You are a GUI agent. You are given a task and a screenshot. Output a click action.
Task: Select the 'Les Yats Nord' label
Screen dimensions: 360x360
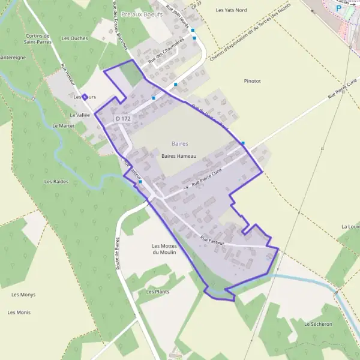pos(231,10)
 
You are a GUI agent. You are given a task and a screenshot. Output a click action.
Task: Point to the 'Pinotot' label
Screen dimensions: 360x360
pos(253,80)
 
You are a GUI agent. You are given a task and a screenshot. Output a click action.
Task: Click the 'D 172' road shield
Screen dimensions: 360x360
pos(123,119)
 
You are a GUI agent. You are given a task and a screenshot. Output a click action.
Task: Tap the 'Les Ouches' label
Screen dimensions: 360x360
pos(74,38)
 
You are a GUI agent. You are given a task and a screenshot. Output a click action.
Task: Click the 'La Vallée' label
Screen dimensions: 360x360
pos(79,115)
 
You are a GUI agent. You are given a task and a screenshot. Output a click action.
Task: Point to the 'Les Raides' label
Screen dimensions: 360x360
pos(56,181)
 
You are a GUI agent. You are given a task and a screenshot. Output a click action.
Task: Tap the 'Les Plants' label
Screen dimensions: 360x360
pos(157,292)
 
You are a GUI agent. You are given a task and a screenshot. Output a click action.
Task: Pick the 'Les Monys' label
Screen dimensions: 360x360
pos(23,295)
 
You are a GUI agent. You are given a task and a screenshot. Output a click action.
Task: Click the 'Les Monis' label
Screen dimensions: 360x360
pos(19,313)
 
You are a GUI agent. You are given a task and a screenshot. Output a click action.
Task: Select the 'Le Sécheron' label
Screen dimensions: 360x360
pos(317,324)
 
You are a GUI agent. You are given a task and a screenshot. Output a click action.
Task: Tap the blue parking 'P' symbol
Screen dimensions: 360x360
pos(338,9)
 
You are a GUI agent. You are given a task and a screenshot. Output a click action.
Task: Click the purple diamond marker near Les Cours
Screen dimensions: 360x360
pos(85,97)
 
